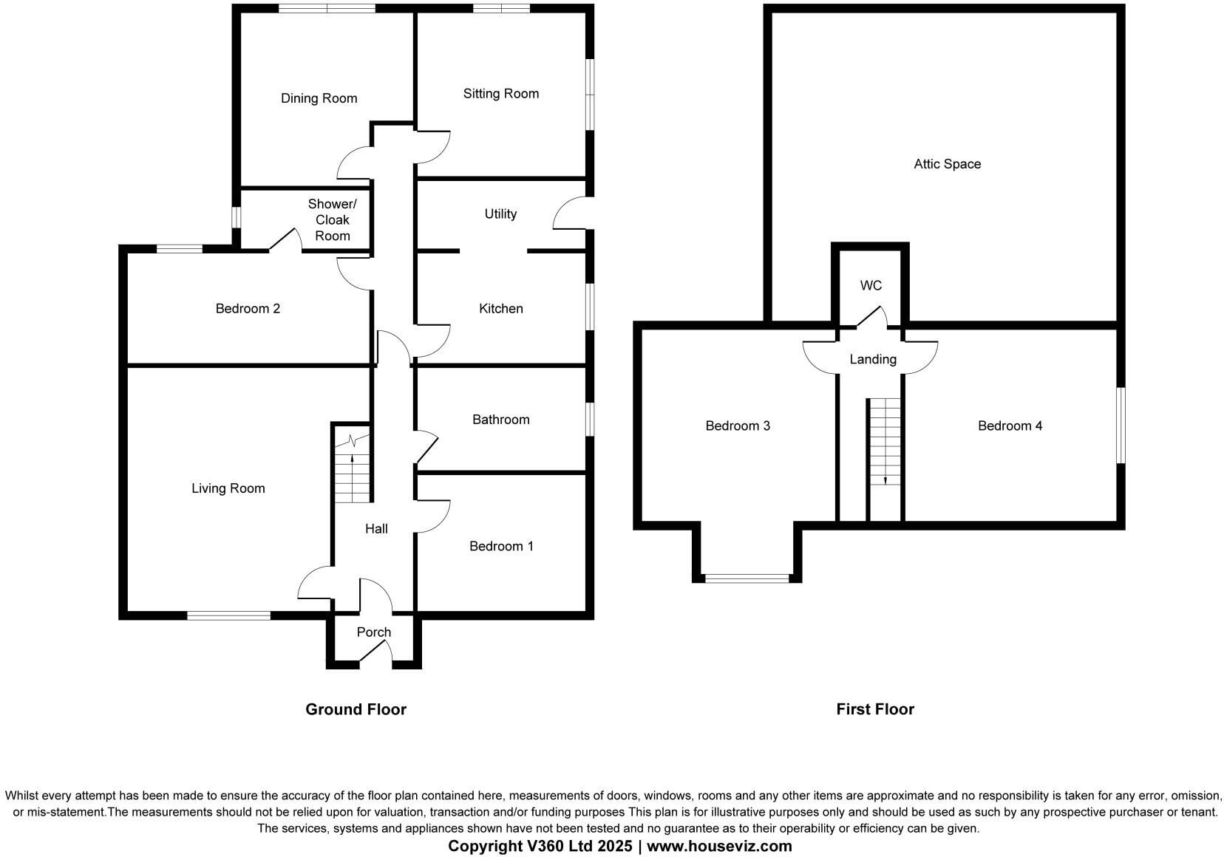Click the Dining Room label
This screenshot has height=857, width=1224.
click(319, 98)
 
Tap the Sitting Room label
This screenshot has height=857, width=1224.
click(500, 94)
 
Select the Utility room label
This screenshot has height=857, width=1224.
click(500, 214)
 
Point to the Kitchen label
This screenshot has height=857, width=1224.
click(500, 309)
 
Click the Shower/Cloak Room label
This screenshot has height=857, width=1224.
click(332, 220)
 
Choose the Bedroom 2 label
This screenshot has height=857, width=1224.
click(248, 309)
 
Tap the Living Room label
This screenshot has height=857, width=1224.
click(228, 488)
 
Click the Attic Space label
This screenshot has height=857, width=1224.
click(947, 164)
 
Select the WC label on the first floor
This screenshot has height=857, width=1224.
click(871, 286)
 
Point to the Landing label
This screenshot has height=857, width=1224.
click(872, 360)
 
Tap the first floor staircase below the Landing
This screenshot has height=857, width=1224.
click(885, 442)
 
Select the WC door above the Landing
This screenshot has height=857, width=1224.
click(871, 318)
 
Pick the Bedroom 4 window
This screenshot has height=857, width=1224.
click(1121, 426)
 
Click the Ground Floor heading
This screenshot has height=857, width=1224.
click(356, 709)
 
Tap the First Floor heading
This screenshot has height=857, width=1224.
click(875, 709)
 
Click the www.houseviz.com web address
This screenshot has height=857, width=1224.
click(719, 847)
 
